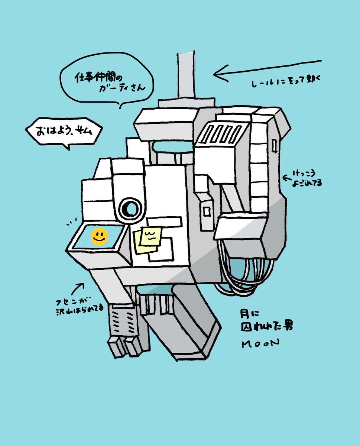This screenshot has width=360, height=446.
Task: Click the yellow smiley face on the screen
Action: pyautogui.click(x=99, y=237)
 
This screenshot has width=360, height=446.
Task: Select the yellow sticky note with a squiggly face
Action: pyautogui.click(x=150, y=236)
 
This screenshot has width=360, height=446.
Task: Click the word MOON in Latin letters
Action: pyautogui.click(x=260, y=344)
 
